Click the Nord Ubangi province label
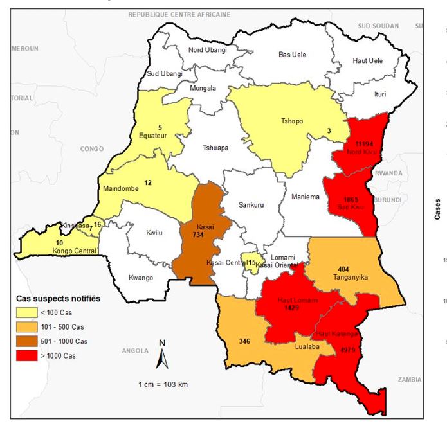207,50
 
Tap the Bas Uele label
292,55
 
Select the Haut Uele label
367,60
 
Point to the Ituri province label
380,94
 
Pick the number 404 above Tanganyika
347,267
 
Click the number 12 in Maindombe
147,183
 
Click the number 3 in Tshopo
329,130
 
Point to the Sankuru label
251,206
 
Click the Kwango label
141,278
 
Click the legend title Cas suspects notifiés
59,299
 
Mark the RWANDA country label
388,173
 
